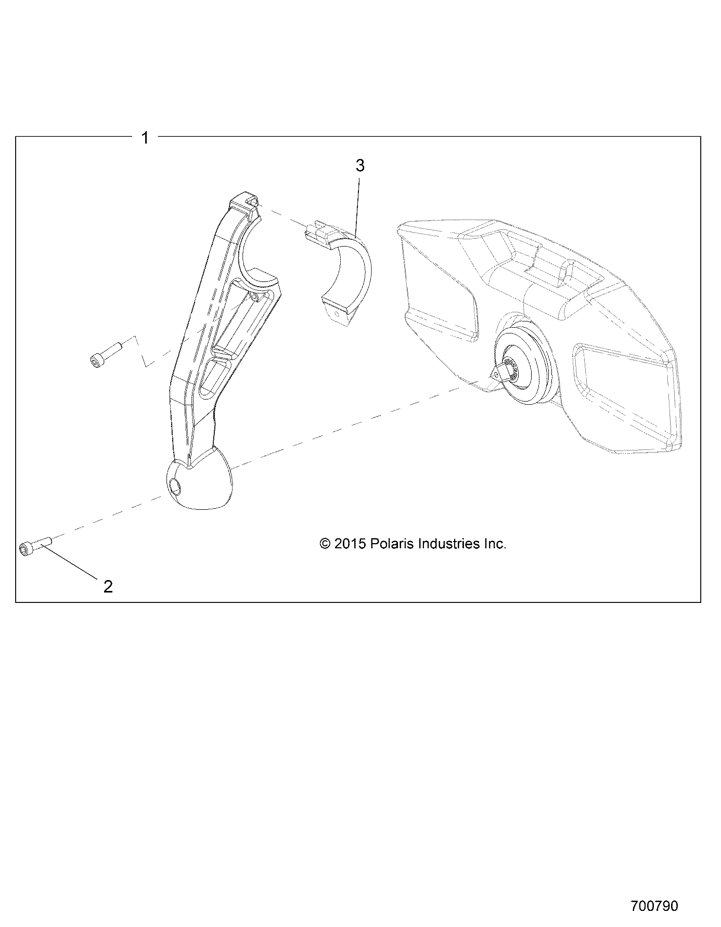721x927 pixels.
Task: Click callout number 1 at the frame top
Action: point(145,138)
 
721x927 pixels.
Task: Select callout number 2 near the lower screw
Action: point(108,586)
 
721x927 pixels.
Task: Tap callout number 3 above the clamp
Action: point(359,165)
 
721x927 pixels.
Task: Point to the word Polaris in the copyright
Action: point(390,544)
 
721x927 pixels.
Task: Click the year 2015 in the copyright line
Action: point(351,544)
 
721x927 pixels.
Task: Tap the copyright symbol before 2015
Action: point(325,544)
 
